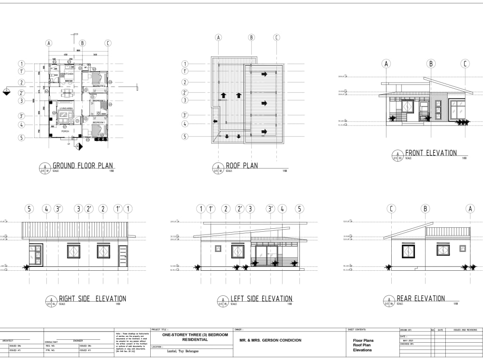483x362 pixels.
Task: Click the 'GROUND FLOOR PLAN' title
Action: click(x=83, y=166)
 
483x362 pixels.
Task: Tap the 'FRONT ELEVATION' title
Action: click(x=430, y=153)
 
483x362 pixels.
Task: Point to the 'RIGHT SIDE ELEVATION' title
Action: click(x=92, y=299)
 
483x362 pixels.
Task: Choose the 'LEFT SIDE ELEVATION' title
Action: click(x=261, y=299)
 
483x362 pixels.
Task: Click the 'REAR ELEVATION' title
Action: click(x=420, y=299)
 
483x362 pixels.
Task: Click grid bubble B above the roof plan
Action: click(x=251, y=37)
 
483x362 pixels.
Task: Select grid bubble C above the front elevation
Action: click(x=465, y=64)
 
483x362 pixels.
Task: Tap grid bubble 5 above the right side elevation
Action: click(x=29, y=209)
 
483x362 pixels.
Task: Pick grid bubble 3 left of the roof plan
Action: click(x=185, y=100)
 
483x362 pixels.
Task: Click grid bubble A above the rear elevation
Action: click(x=470, y=209)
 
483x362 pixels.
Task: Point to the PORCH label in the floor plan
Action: click(x=65, y=131)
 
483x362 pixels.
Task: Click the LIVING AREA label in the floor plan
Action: click(x=66, y=109)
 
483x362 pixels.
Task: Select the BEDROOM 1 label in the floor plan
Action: click(x=99, y=123)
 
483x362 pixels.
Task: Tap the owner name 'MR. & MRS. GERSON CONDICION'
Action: click(x=270, y=340)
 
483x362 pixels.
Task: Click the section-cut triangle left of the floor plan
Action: click(x=6, y=92)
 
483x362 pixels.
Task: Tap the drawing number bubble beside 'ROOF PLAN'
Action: click(x=218, y=167)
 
